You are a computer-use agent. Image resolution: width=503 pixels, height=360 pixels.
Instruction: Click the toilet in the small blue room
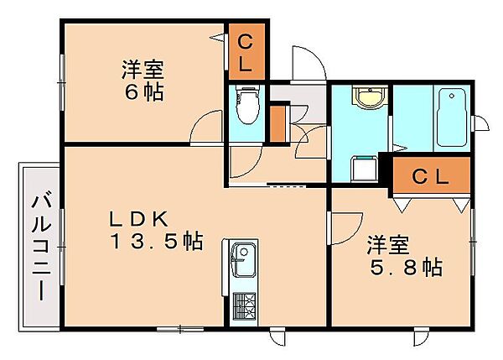[x=247, y=105]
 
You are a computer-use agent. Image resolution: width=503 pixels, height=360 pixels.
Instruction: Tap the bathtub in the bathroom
[x=451, y=117]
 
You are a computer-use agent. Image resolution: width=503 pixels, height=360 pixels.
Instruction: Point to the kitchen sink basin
[x=244, y=260]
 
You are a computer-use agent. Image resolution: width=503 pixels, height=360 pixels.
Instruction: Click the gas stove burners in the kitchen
[x=244, y=305]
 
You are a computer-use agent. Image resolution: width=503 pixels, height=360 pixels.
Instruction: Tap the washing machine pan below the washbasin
[x=365, y=169]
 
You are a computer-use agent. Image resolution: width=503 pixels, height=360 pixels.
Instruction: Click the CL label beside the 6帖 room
[x=246, y=54]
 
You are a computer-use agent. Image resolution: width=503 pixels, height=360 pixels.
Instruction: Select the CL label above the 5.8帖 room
[x=431, y=176]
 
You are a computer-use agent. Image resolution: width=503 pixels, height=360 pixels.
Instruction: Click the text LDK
[x=138, y=219]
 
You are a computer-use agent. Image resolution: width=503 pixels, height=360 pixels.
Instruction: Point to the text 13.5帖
[x=157, y=242]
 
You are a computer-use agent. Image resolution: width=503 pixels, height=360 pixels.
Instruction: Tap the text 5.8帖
[x=406, y=267]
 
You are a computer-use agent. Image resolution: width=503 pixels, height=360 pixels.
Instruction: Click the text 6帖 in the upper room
[x=144, y=91]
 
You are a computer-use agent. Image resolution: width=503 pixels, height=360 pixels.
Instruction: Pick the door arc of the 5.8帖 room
[x=355, y=232]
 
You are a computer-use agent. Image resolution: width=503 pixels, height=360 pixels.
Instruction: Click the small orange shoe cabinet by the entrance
[x=277, y=123]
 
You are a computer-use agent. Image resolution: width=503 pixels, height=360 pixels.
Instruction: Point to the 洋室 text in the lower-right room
[x=388, y=245]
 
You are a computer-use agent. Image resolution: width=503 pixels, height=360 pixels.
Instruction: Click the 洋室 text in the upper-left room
[x=143, y=70]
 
